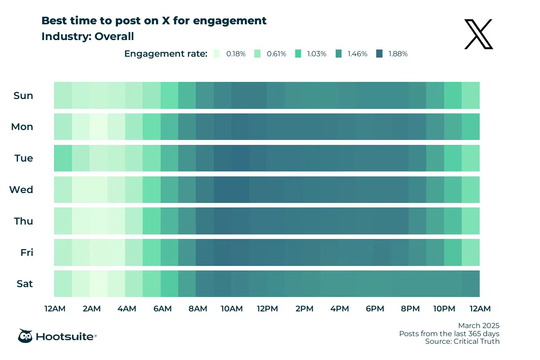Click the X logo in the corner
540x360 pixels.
coord(479,35)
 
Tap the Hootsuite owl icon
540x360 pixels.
coord(25,336)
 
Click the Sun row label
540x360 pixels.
coord(23,95)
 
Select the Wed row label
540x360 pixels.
coord(21,189)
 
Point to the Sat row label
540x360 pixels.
coord(24,284)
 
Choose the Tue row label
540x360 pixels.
coord(24,158)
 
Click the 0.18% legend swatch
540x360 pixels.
coord(217,54)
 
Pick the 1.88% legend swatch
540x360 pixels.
coord(379,54)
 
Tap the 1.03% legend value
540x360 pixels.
coord(317,54)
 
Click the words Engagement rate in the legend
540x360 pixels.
coord(166,54)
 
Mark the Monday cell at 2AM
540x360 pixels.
coord(99,127)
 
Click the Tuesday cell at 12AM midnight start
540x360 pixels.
coord(63,158)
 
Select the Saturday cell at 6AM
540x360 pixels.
coord(170,284)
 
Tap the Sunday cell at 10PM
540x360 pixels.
coord(453,95)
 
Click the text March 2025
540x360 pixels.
coord(479,325)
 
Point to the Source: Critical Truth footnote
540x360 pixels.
coord(462,342)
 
